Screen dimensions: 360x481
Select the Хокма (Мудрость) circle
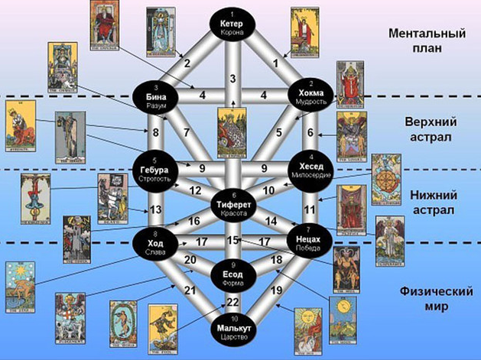coord(310,95)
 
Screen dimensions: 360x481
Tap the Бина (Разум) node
coord(155,96)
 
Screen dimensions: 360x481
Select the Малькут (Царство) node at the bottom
coord(234,328)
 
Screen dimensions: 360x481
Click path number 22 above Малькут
coord(234,303)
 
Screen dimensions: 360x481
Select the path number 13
coord(155,209)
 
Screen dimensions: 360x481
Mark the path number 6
coord(310,131)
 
